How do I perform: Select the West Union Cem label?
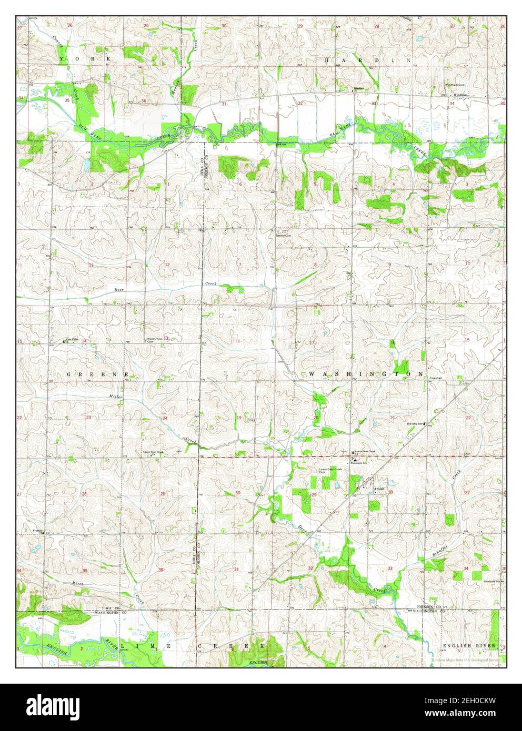click(x=153, y=340)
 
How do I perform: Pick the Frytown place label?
click(x=37, y=530)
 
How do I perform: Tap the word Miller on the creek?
click(x=115, y=396)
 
